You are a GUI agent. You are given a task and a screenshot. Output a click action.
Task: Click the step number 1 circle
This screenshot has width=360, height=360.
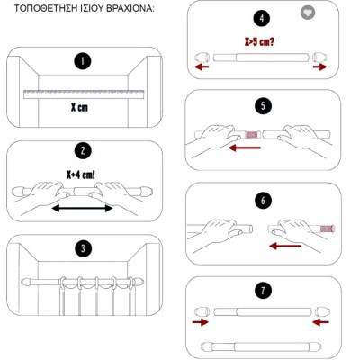[83, 61]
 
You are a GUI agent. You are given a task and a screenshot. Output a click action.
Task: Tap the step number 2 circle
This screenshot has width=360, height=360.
[83, 150]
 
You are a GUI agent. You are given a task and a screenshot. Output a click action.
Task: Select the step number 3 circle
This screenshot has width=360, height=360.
[83, 248]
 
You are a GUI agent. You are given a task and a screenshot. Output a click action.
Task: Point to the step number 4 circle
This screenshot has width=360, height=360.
[262, 18]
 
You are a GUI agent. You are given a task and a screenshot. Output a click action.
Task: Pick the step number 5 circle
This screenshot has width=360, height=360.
[263, 106]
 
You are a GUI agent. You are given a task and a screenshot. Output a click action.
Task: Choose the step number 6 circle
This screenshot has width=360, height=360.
[263, 200]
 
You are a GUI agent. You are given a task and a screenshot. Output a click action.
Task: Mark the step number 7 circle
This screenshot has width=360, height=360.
[263, 290]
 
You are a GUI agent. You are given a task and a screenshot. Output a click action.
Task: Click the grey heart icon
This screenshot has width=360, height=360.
[308, 13]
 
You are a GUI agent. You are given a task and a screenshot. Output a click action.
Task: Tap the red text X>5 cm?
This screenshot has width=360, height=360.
[259, 41]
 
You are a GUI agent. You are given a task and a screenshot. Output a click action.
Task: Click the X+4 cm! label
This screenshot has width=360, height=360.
[81, 175]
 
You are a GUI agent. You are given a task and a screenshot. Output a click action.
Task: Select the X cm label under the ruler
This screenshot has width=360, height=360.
[79, 108]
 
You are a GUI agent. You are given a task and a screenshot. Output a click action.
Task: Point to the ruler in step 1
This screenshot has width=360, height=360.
[84, 94]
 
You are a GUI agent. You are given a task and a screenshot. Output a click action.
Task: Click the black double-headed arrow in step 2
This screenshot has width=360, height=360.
[82, 208]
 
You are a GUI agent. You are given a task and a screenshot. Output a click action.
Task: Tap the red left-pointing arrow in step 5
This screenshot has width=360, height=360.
[245, 148]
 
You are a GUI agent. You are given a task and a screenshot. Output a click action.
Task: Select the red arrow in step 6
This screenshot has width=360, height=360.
[285, 246]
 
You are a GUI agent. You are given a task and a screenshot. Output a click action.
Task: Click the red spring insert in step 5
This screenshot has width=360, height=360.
[252, 135]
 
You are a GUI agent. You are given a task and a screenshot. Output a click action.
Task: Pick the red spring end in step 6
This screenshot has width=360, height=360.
[328, 229]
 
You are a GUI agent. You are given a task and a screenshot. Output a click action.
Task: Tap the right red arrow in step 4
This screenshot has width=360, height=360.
[319, 67]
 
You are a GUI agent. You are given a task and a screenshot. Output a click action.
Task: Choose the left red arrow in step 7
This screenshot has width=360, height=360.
[200, 322]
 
